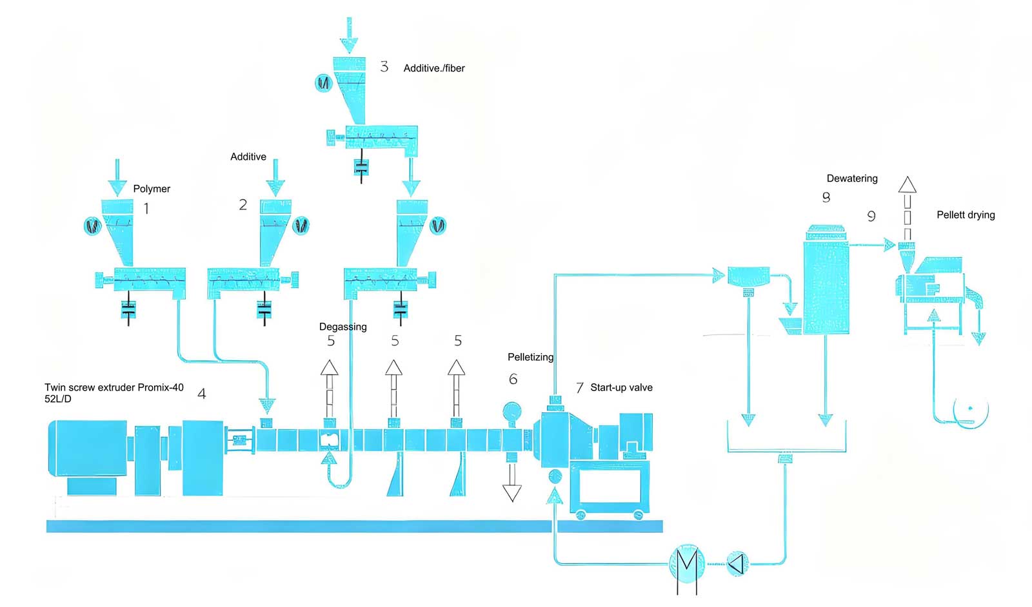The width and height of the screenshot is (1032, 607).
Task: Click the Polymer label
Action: [x=152, y=189]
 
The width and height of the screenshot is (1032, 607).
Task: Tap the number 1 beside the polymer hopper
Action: [x=146, y=209]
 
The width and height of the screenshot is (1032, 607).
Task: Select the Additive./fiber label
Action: [x=434, y=68]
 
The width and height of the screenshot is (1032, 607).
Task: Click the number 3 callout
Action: [x=384, y=67]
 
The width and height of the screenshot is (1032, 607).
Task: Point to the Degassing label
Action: [x=342, y=327]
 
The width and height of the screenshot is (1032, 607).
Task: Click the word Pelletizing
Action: [x=530, y=356]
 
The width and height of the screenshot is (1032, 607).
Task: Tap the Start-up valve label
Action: [x=621, y=387]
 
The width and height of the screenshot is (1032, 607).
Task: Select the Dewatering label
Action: [x=852, y=178]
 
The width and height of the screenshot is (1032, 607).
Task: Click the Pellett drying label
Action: [x=966, y=215]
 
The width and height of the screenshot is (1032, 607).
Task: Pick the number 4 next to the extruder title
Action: [x=202, y=394]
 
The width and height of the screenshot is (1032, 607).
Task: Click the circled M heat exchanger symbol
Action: [x=686, y=564]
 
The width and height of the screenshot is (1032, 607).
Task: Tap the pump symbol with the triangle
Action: [x=737, y=563]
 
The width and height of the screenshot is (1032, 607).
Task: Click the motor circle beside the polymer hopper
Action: [x=93, y=226]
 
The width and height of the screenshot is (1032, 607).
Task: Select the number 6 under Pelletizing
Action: [x=513, y=379]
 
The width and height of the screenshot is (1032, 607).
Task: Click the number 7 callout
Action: [x=580, y=387]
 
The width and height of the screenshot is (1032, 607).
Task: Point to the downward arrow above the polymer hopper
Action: [x=117, y=178]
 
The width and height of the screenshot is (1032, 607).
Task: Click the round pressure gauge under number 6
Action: [x=512, y=411]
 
